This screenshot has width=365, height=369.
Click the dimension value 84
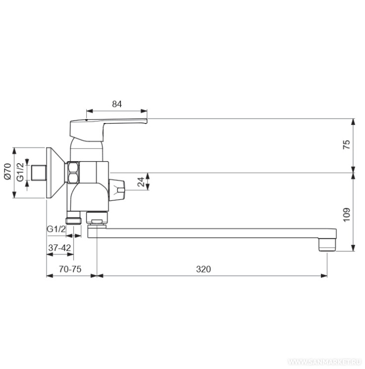point(117,104)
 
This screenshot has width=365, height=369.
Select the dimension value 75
point(346,145)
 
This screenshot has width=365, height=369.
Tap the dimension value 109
point(346,215)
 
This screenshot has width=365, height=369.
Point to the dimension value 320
point(203,269)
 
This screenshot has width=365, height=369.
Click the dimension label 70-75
point(70,269)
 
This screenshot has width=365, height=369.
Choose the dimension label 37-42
point(60,248)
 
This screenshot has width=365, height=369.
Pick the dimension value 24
point(141,182)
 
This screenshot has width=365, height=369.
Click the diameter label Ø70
point(8,171)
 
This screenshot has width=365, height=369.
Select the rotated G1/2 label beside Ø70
point(20,172)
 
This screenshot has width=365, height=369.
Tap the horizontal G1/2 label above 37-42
point(56,229)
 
